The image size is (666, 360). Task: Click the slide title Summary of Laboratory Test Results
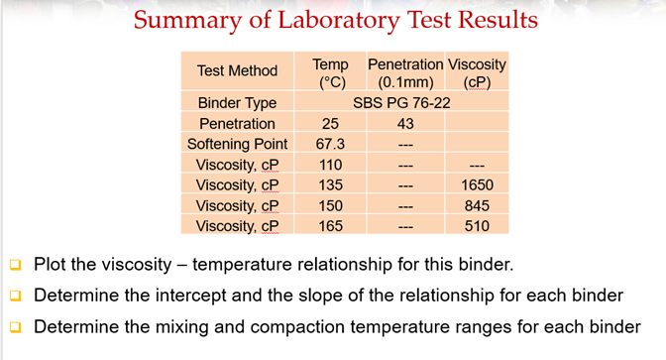coord(335,20)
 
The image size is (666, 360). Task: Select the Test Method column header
coord(237,70)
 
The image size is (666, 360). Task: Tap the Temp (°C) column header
coord(330,71)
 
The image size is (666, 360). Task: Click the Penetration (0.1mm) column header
coord(405,71)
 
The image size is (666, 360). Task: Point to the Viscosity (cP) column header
coord(477,71)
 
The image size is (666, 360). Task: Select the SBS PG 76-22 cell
coord(405,103)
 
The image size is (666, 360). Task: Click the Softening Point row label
coord(237,144)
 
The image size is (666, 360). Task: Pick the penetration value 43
coord(405,124)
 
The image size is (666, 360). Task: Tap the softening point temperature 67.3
coord(330,144)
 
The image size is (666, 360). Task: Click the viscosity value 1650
coord(477,184)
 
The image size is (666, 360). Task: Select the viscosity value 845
coord(477,205)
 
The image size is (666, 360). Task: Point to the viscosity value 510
coord(477,226)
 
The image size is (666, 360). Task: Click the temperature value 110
coord(330,165)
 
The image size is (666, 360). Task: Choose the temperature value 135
coord(330,184)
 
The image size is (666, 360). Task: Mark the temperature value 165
coord(330,226)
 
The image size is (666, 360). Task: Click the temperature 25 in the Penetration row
coord(330,124)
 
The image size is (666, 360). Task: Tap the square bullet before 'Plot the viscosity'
coord(15,266)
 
